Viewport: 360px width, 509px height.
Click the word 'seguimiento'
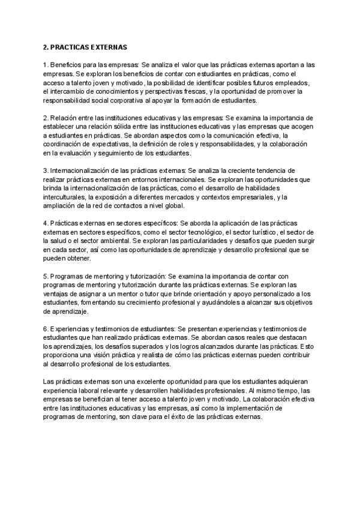click(x=126, y=154)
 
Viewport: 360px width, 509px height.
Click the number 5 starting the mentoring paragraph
click(x=46, y=277)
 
